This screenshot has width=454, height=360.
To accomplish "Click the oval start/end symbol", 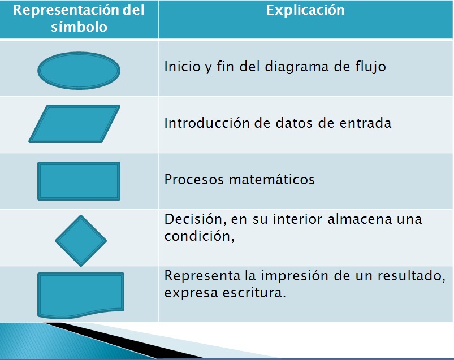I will [79, 70].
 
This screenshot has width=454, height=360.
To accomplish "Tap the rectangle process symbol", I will [79, 181].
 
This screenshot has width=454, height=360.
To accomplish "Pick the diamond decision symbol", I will [81, 240].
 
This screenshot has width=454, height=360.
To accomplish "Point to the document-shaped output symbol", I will [80, 293].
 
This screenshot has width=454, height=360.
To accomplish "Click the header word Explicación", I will [305, 11].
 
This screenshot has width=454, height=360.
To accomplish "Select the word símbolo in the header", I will [79, 27].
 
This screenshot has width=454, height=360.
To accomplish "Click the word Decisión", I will [188, 219].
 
